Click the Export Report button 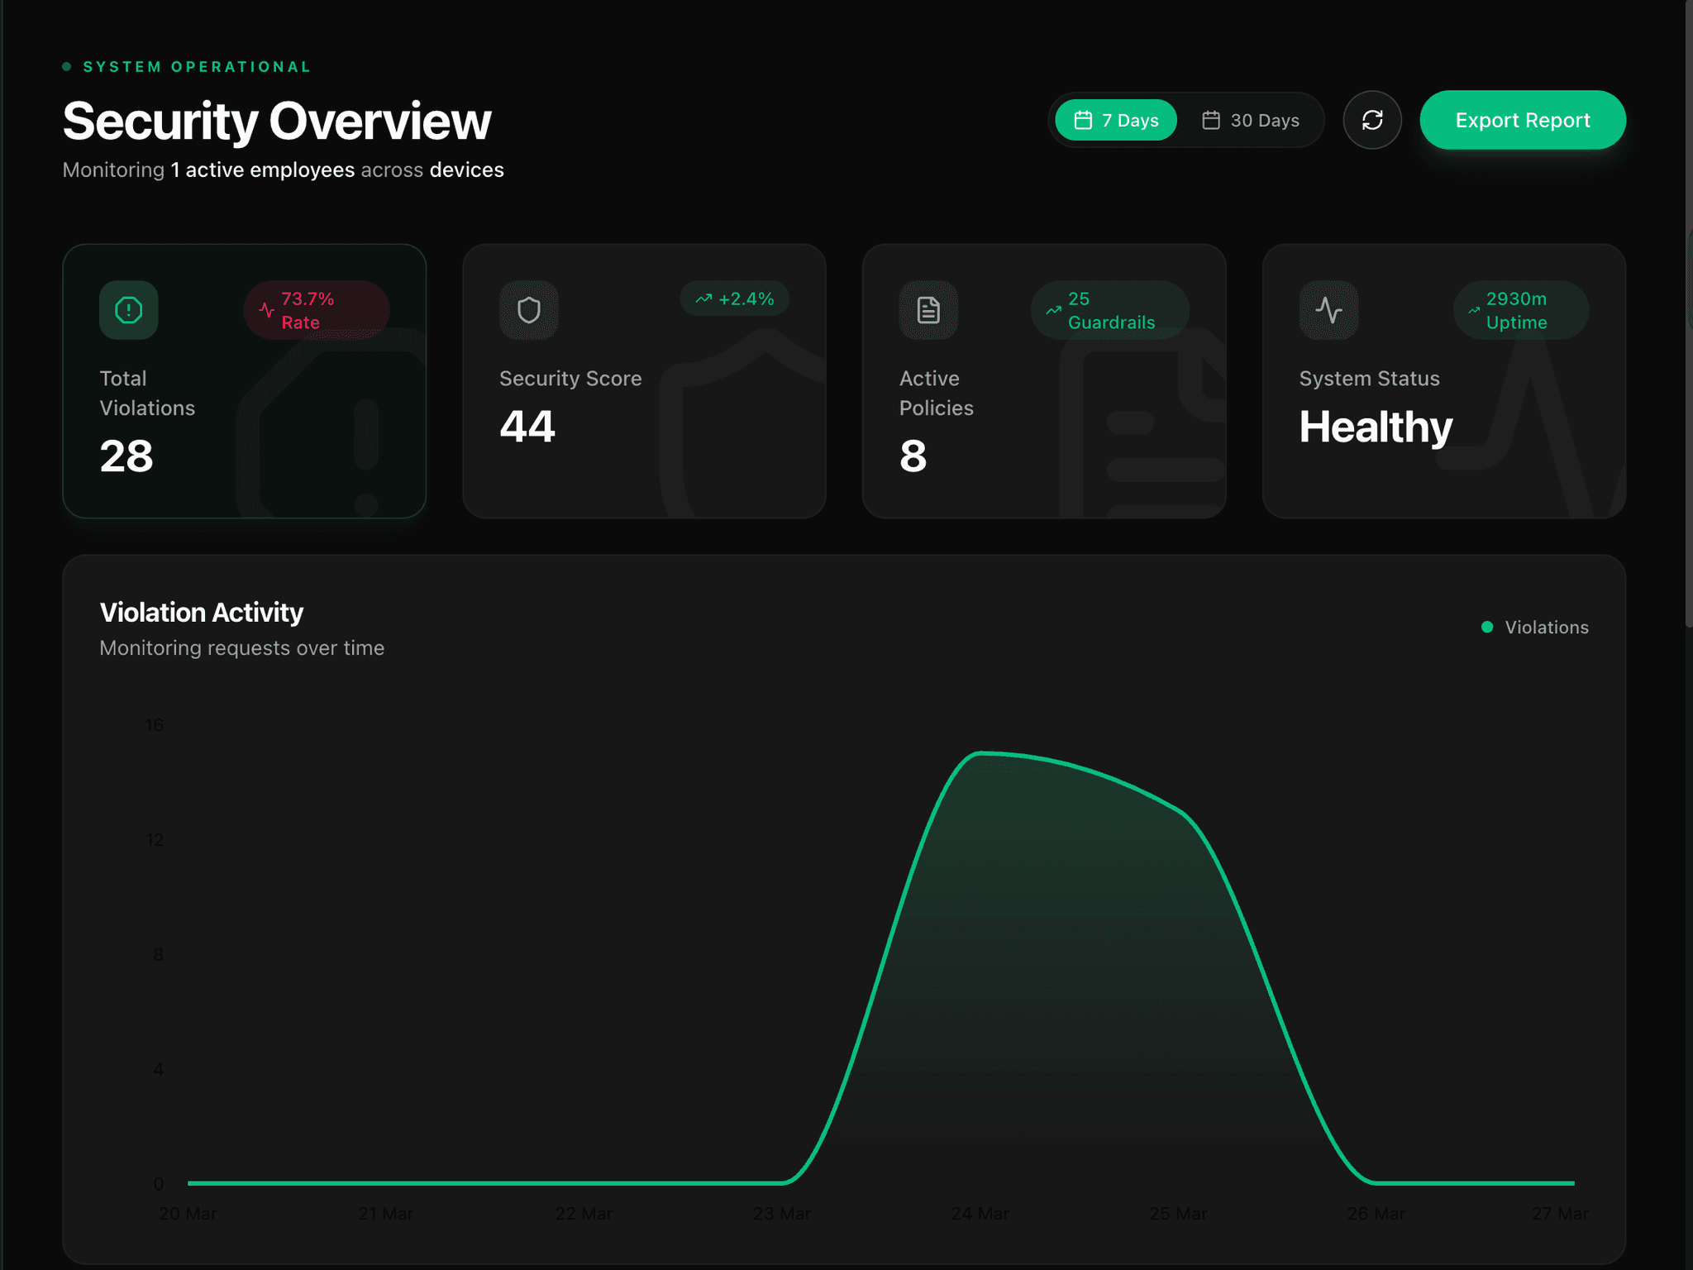coord(1522,120)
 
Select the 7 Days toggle coord(1116,120)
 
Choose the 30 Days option coord(1250,120)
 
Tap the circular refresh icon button coord(1372,120)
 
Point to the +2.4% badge coord(735,298)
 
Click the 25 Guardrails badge coord(1109,310)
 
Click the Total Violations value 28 coord(126,456)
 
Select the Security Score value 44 coord(527,427)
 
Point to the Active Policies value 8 coord(913,456)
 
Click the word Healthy coord(1376,427)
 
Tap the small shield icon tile coord(529,310)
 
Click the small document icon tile coord(928,310)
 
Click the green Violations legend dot coord(1487,627)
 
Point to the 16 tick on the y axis coord(155,725)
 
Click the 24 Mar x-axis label coord(980,1214)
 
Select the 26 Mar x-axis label coord(1376,1214)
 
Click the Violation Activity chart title coord(202,612)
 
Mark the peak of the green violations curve coord(981,753)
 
